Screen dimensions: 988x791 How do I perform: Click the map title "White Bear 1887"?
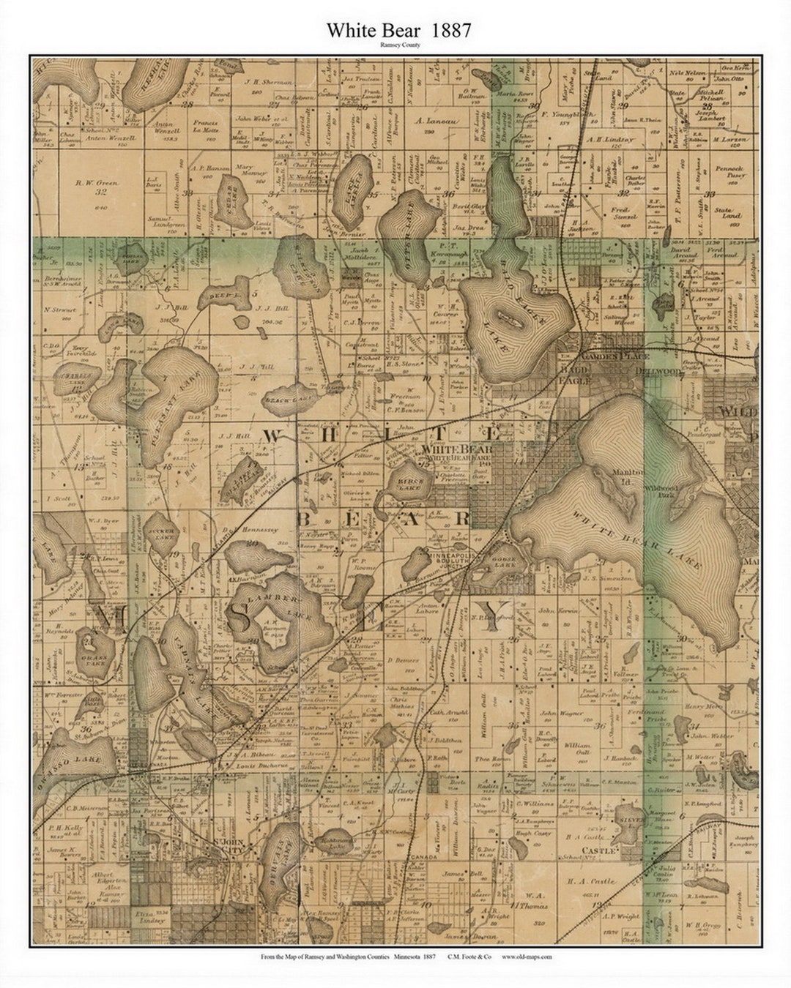(398, 30)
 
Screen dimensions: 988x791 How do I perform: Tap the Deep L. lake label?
(218, 297)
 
